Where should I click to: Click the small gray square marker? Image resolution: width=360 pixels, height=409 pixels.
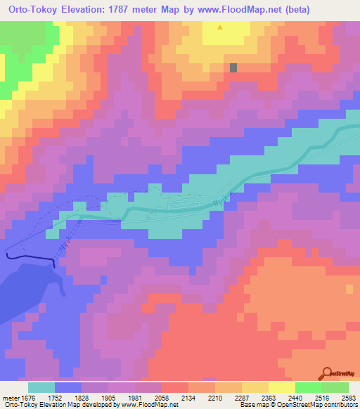233,67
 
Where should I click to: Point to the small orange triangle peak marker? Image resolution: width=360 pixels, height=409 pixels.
221,28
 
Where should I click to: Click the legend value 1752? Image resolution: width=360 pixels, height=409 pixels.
54,397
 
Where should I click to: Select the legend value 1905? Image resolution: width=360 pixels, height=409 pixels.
108,397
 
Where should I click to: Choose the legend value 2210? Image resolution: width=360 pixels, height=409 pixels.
215,397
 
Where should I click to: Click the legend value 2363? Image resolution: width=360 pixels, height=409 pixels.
269,397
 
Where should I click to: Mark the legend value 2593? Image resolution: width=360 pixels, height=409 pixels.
349,397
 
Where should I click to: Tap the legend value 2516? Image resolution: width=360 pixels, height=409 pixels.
322,397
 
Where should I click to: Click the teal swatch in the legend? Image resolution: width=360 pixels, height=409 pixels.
41,387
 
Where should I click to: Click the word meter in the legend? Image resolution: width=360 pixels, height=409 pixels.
10,397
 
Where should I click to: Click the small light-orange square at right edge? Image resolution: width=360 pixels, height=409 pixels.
349,289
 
